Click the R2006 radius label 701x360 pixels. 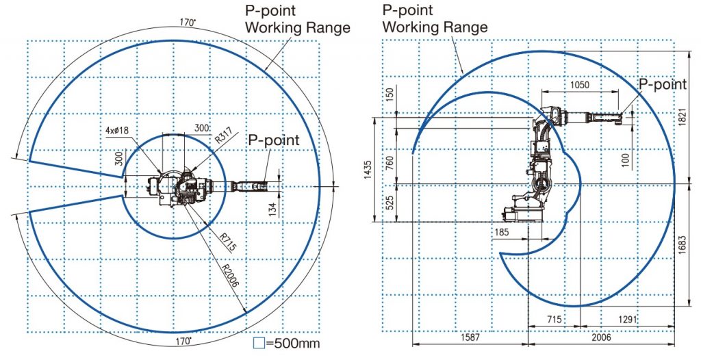[231, 273]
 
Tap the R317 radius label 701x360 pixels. [224, 135]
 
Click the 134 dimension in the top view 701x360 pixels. [274, 208]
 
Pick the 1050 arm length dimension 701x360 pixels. [580, 85]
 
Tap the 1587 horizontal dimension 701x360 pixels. [470, 337]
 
